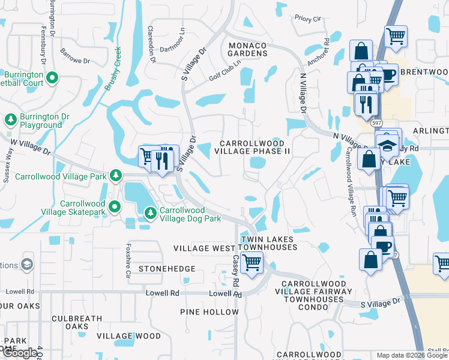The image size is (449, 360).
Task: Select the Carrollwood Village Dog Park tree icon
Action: point(150,212)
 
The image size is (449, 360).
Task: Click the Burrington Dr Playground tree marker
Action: point(10,120)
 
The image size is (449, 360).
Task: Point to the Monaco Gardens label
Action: point(247,49)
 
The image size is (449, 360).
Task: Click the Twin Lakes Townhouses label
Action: point(268,243)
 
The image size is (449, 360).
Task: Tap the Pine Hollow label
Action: point(209,312)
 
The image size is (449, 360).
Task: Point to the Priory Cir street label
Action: point(307,19)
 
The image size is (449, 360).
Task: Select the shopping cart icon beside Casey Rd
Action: point(253,261)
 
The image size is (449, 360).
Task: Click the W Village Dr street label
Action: point(30,147)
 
